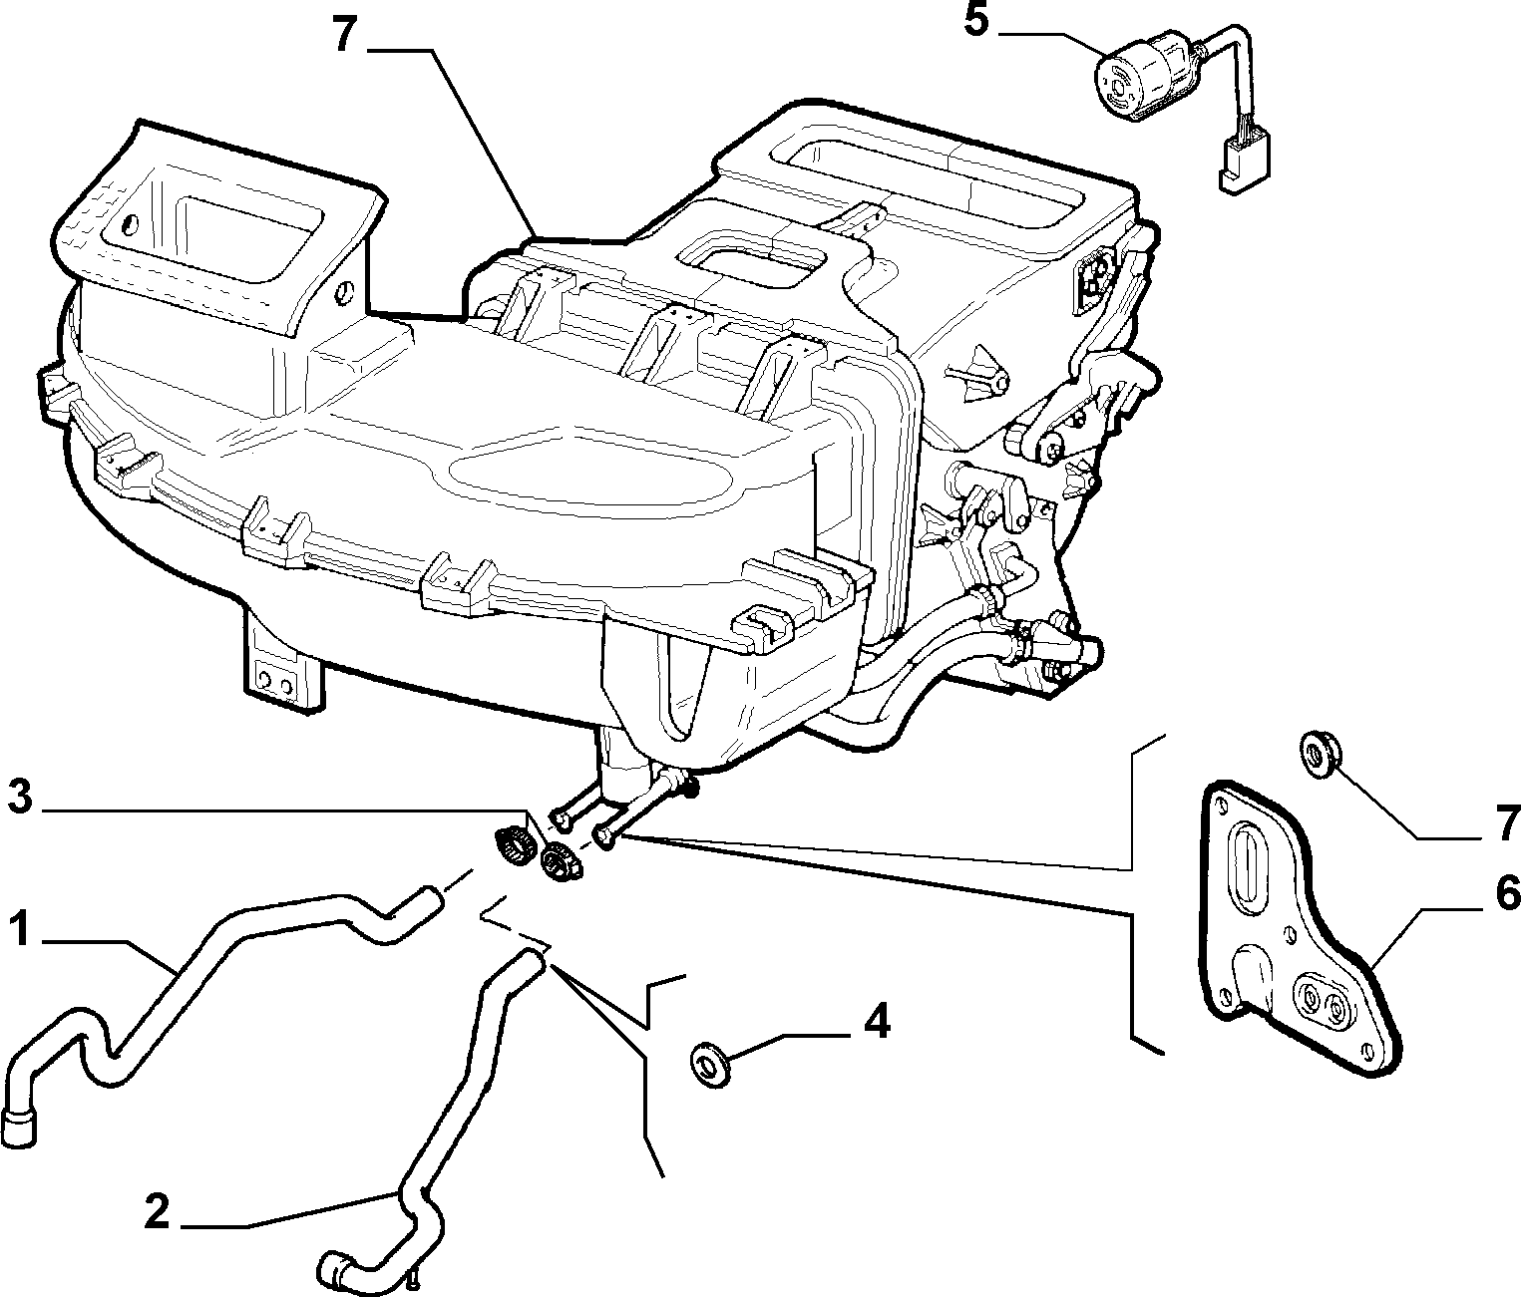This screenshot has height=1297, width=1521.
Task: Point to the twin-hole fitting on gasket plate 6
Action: [x=1323, y=1001]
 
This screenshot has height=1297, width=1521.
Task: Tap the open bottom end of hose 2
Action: [x=331, y=1267]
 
